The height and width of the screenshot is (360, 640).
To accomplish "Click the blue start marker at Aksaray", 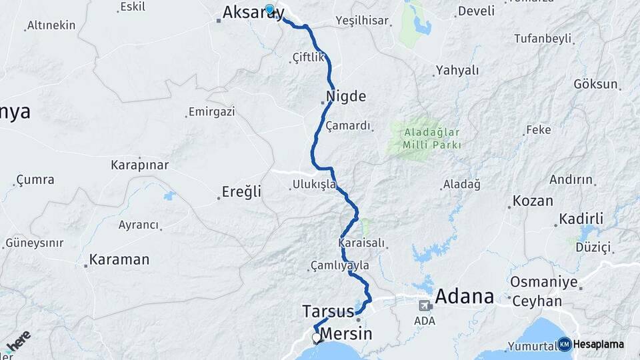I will (269, 9).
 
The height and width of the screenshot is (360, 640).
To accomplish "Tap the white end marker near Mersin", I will (317, 338).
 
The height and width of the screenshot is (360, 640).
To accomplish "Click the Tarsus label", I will (327, 311).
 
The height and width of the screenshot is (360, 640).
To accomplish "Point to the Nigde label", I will (346, 96).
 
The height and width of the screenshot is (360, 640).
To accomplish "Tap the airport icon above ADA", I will (425, 306).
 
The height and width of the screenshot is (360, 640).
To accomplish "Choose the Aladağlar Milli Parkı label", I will (431, 139).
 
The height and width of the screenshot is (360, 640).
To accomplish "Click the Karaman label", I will (119, 259).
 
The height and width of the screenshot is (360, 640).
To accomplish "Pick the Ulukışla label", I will (314, 185).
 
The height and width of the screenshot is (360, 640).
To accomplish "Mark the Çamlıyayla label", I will (340, 265).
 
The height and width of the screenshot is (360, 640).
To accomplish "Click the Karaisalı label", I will (362, 243).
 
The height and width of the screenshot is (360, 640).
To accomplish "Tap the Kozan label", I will (533, 201).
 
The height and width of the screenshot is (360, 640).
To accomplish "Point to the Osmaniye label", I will (543, 282).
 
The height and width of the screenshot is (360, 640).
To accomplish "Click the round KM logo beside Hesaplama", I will (564, 344).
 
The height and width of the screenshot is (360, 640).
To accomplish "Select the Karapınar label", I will (139, 165).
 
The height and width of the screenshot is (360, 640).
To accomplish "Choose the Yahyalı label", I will (457, 70).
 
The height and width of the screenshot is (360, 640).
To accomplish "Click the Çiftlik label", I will (308, 58).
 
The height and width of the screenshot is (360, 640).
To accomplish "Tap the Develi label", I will (477, 11).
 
